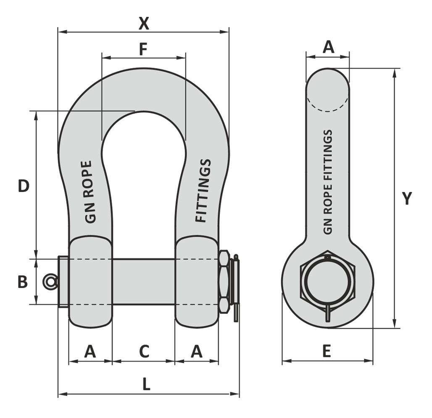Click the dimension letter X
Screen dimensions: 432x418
click(144, 24)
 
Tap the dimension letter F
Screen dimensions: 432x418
click(143, 49)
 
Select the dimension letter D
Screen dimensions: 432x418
click(24, 186)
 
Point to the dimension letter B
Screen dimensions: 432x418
click(23, 282)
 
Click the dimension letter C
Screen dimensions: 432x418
click(144, 351)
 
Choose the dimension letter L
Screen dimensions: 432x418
click(146, 384)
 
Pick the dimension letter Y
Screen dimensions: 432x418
click(407, 198)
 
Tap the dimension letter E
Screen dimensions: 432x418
click(327, 351)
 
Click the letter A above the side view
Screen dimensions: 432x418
click(328, 47)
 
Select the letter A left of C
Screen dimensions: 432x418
click(90, 351)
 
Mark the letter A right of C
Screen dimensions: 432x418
click(196, 351)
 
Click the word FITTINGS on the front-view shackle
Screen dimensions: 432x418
click(203, 191)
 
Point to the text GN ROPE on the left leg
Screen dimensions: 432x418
click(88, 192)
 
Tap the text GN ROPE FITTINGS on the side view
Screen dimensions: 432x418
click(328, 182)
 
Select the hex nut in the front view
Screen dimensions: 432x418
click(224, 282)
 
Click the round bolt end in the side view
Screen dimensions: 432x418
click(328, 282)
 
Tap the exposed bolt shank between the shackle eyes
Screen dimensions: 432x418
click(144, 282)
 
